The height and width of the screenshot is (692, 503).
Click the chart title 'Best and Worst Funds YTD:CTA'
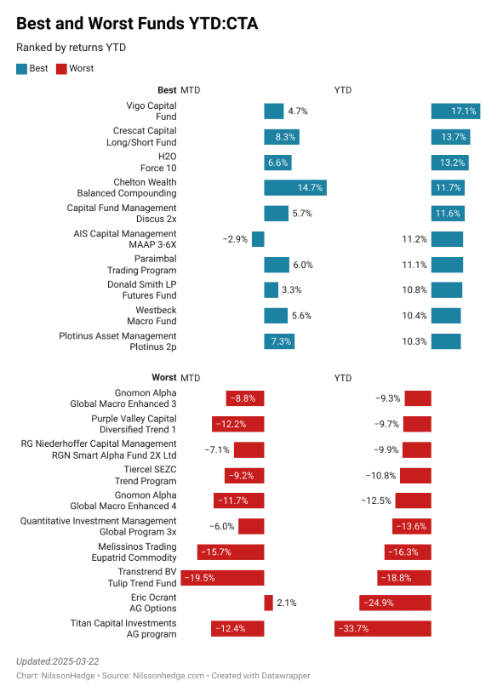click(137, 24)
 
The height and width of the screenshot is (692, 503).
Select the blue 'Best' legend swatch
click(21, 69)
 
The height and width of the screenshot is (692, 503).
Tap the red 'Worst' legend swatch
click(61, 69)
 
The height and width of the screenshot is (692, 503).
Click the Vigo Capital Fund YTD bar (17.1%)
click(456, 111)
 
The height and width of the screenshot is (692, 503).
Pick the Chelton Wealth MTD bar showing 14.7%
click(295, 188)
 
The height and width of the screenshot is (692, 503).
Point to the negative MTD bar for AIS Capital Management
click(258, 239)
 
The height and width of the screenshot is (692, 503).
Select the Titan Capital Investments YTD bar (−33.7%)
click(383, 629)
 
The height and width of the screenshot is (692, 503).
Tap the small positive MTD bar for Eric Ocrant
click(268, 603)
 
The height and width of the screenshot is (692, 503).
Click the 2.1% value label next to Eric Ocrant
click(287, 603)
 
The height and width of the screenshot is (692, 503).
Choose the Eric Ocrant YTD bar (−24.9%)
click(395, 603)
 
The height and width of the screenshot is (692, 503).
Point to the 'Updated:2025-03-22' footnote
click(58, 661)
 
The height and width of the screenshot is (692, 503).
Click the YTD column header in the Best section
click(342, 90)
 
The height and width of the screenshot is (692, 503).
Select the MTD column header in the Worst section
click(190, 377)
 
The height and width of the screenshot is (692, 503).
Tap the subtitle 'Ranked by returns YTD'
click(71, 48)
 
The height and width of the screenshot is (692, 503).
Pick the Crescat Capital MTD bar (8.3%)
click(282, 136)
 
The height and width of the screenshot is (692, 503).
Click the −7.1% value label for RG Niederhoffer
click(217, 449)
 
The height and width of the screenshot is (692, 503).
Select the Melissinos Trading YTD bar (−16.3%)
click(408, 552)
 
